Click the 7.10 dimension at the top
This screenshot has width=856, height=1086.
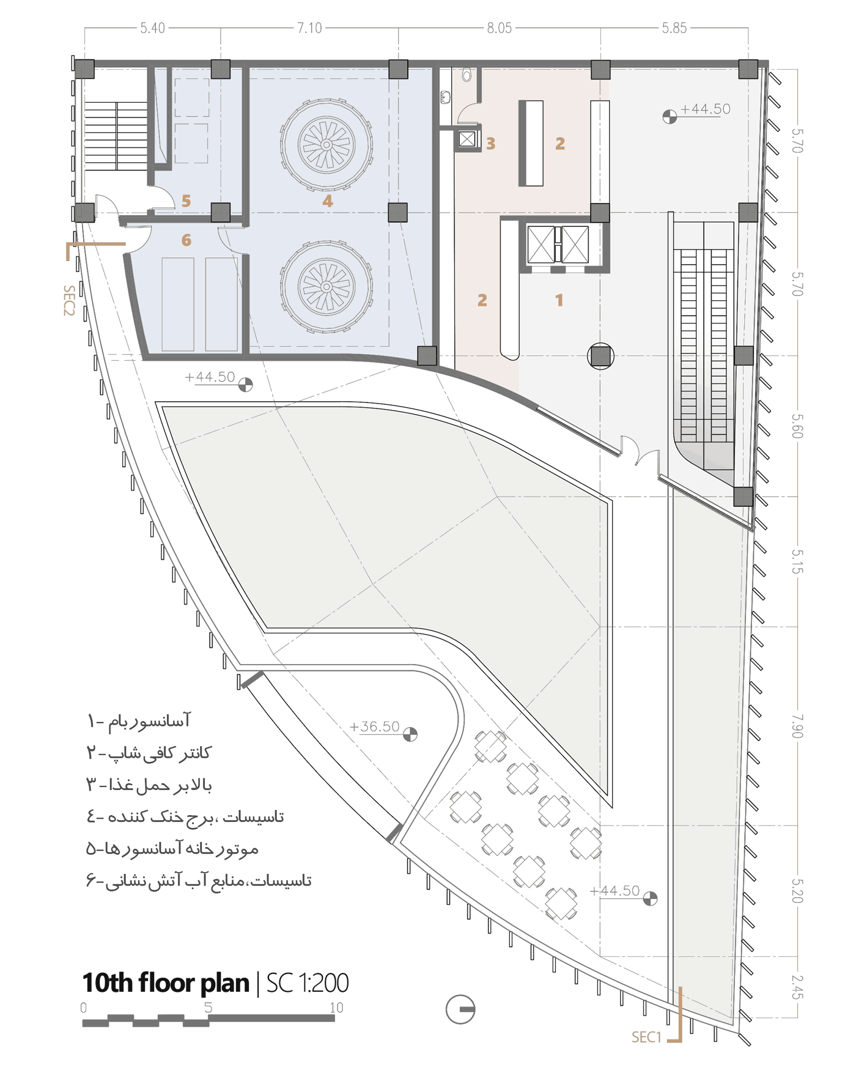click(x=309, y=28)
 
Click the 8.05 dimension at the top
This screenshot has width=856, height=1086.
click(x=499, y=28)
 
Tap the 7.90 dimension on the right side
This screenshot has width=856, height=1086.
click(x=797, y=726)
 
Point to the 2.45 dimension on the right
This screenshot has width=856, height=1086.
click(x=797, y=987)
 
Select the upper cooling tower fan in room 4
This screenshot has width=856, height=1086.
click(x=327, y=145)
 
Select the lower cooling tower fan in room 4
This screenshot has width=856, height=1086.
click(x=327, y=287)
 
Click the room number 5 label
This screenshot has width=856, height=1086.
click(x=186, y=201)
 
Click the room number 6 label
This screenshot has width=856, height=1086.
click(x=186, y=240)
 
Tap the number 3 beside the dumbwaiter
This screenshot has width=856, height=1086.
click(x=490, y=144)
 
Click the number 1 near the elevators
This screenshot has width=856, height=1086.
click(x=559, y=300)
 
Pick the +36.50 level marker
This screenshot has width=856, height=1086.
click(x=375, y=726)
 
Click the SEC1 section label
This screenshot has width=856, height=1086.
click(x=646, y=1037)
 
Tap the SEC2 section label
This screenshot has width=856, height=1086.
click(x=69, y=300)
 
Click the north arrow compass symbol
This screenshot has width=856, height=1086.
click(x=460, y=1009)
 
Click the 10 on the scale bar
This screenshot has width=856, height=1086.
click(x=336, y=1007)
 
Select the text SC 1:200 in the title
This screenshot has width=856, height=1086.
click(x=307, y=983)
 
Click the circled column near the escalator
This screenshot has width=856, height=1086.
click(x=600, y=356)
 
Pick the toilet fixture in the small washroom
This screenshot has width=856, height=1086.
click(x=467, y=76)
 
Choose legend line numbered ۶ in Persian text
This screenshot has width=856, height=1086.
click(x=199, y=881)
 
